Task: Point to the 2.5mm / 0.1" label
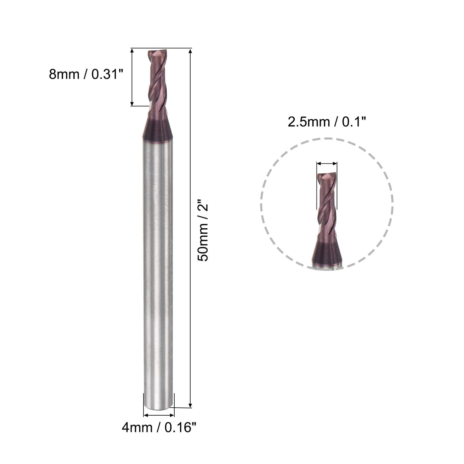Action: click(x=326, y=123)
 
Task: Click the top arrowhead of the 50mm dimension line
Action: click(x=190, y=51)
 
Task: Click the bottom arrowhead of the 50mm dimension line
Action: click(x=190, y=405)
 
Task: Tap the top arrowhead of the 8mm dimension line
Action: click(x=132, y=51)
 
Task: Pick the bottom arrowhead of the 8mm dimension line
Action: click(x=132, y=103)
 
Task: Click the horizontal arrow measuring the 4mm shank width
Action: click(x=159, y=415)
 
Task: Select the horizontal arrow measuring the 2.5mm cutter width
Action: click(x=327, y=163)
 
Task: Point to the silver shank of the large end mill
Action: click(x=158, y=265)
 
